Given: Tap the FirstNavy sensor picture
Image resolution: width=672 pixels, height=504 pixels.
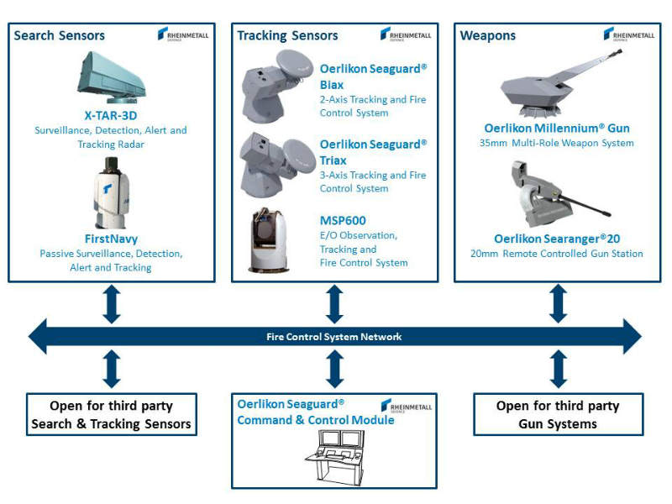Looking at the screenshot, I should [111, 197].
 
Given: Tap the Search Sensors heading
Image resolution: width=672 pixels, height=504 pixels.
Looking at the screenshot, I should [60, 35].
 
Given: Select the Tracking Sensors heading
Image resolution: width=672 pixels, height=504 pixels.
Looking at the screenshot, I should [287, 35].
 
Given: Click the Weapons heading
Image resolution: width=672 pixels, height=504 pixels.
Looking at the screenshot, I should [488, 35].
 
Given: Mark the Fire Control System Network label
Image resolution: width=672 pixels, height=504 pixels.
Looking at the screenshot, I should [333, 337].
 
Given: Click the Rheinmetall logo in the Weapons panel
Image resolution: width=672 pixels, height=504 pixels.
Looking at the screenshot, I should [623, 34].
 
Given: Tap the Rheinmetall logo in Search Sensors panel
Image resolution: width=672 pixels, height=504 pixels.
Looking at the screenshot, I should [177, 34].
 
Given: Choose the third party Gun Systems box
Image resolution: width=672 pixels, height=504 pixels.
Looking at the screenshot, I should [558, 414].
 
